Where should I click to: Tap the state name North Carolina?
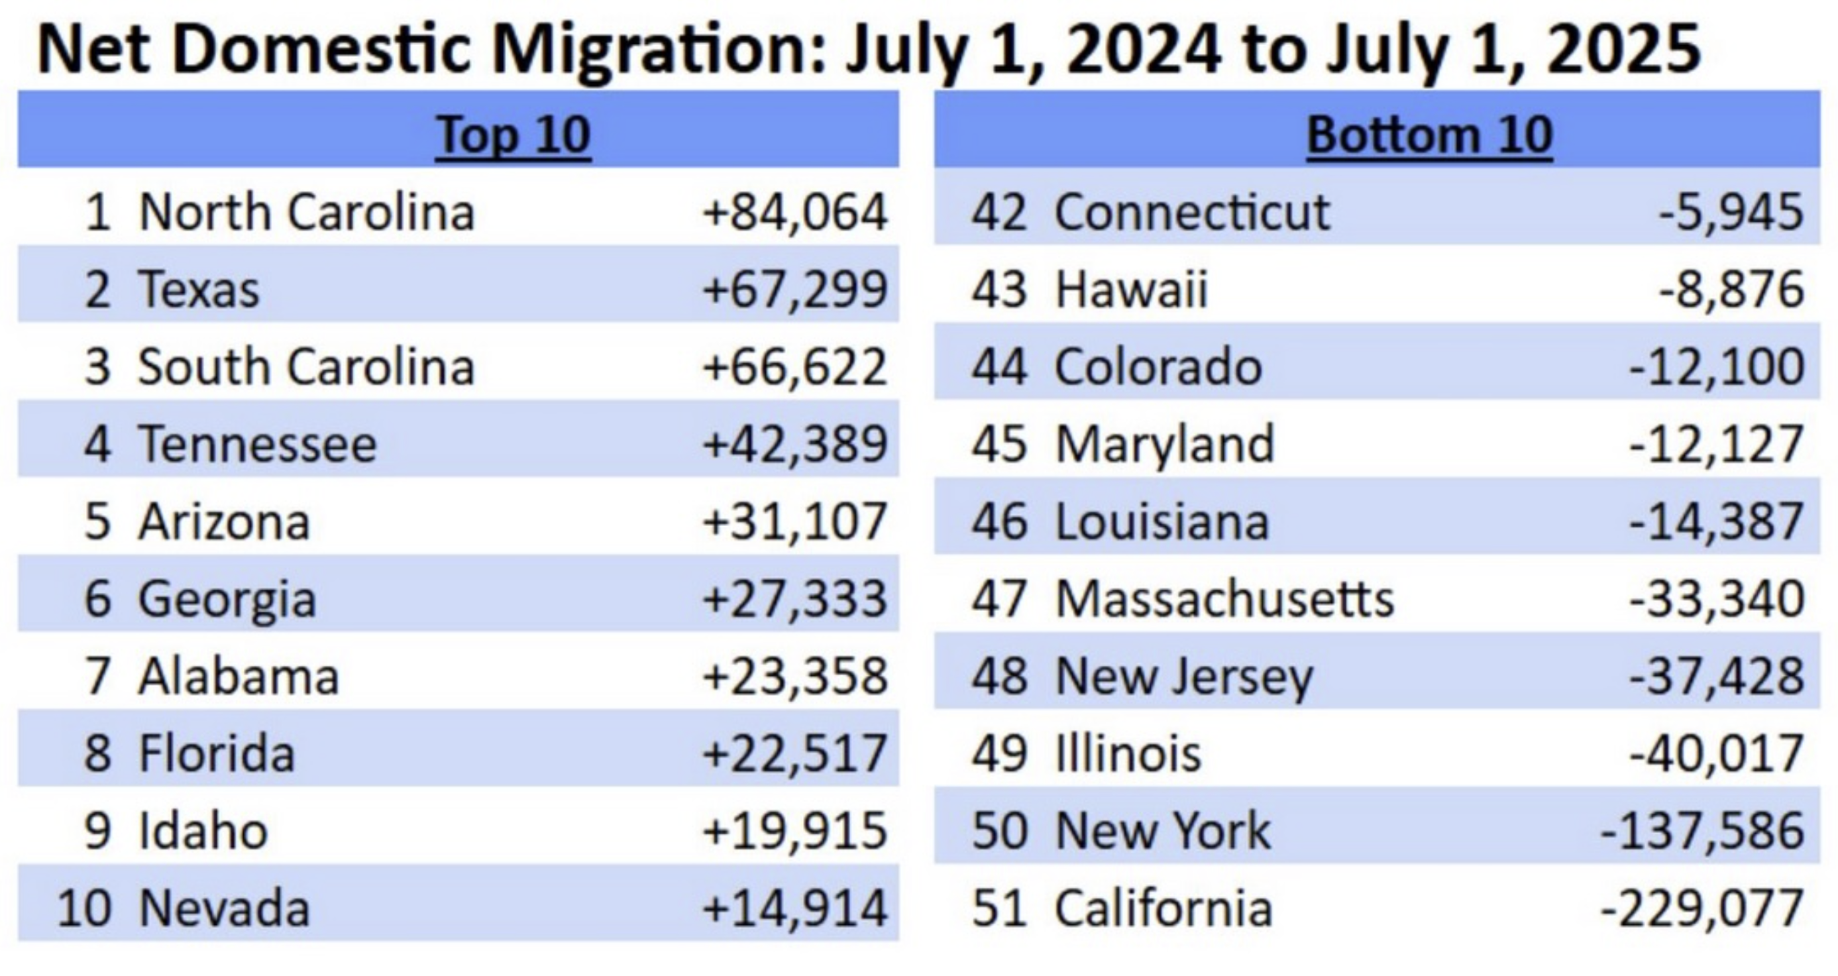(x=307, y=213)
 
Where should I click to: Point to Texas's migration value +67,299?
(x=795, y=290)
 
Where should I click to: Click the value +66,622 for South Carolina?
(x=795, y=366)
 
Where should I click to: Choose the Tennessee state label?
(x=257, y=445)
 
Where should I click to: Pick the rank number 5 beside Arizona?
(x=98, y=521)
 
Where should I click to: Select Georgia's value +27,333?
(x=795, y=598)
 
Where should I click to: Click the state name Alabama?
(x=239, y=677)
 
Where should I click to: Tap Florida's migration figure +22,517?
(x=795, y=753)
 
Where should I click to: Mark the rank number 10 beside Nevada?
(x=84, y=908)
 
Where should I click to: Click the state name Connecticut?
(x=1192, y=213)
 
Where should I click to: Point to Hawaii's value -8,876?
(x=1732, y=290)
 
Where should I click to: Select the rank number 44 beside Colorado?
(x=999, y=366)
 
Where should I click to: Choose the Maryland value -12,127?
(x=1717, y=445)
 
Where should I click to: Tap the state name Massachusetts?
(x=1224, y=598)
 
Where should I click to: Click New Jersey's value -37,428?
(x=1717, y=677)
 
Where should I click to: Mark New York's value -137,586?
(x=1702, y=831)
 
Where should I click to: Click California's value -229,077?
(x=1702, y=908)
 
